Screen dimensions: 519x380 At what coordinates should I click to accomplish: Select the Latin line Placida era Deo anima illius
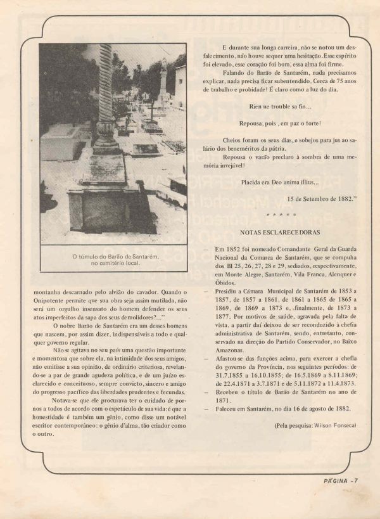[280, 183]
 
